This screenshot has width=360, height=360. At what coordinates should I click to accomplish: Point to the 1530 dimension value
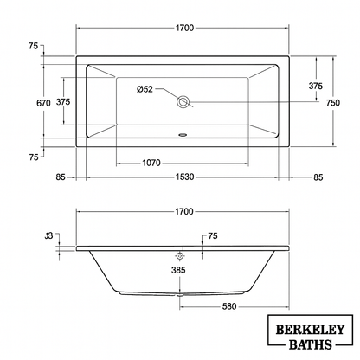point(180,177)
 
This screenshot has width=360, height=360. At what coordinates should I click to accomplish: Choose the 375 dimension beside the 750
point(316,86)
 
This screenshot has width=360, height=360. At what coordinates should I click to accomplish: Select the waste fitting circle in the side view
point(180,255)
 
